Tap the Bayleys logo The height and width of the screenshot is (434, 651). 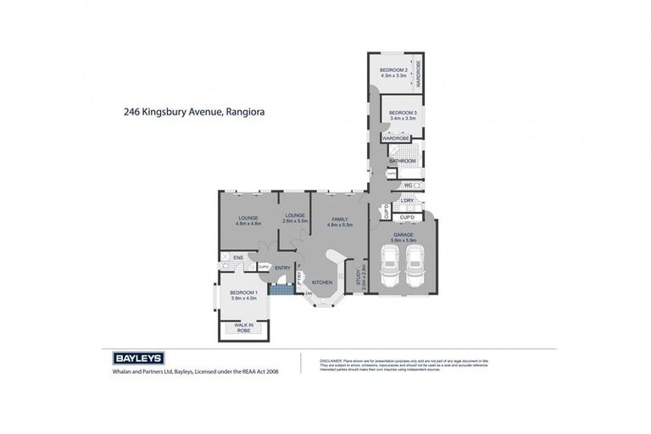(x=138, y=358)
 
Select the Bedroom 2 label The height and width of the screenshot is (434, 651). (x=393, y=72)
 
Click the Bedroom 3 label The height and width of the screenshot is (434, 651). (x=402, y=115)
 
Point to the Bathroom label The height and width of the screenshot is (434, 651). (x=402, y=160)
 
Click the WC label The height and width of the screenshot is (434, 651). (x=407, y=185)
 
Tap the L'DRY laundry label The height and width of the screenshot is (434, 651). (x=407, y=200)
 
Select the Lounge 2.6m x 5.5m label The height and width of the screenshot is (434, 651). (x=295, y=219)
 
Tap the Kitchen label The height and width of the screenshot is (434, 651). (x=321, y=281)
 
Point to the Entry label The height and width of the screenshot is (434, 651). (x=282, y=269)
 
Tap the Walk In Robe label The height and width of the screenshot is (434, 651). (x=244, y=328)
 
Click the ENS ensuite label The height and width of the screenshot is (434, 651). (x=227, y=256)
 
